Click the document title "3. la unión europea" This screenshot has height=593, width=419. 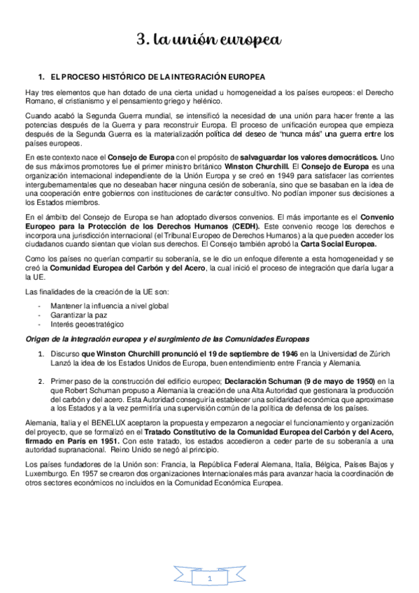click(x=208, y=40)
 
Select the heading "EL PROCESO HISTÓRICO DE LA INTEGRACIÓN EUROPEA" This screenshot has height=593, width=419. click(x=157, y=75)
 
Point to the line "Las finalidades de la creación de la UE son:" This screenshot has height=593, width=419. click(x=93, y=292)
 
